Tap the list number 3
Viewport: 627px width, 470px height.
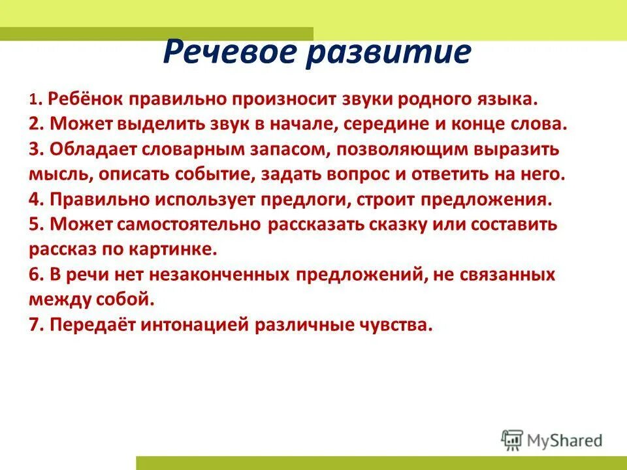pyautogui.click(x=34, y=149)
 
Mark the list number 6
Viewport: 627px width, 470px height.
pyautogui.click(x=34, y=275)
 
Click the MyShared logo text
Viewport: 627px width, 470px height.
pyautogui.click(x=565, y=440)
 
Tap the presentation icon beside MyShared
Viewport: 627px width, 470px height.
pyautogui.click(x=513, y=440)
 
